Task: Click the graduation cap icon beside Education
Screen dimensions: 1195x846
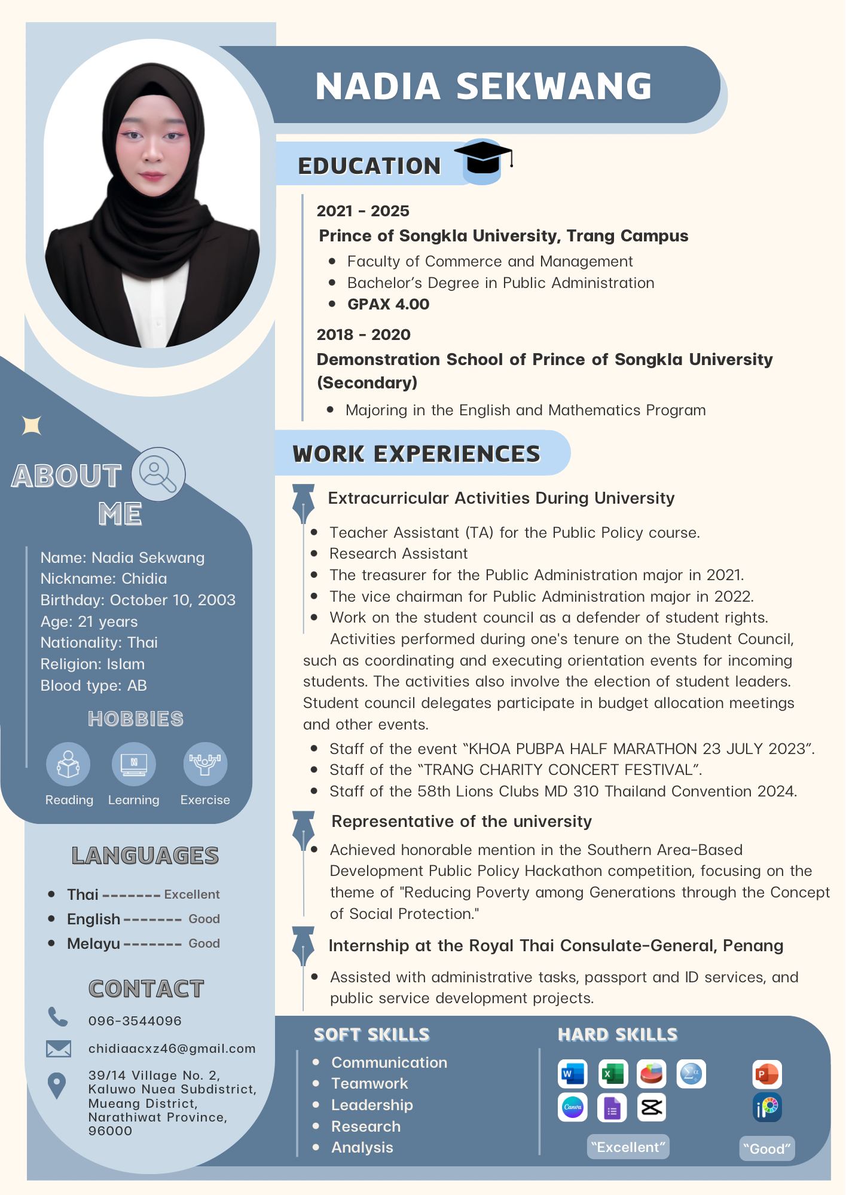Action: point(483,161)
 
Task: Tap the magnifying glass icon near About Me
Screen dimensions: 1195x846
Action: point(158,474)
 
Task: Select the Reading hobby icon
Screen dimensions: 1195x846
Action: point(68,764)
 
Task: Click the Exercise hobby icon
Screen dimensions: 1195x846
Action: point(205,764)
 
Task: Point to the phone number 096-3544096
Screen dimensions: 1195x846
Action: point(135,1021)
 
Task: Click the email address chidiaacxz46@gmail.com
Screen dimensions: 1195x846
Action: point(172,1048)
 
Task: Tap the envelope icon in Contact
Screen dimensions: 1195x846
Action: point(59,1049)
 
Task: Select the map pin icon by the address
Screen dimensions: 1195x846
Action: point(57,1086)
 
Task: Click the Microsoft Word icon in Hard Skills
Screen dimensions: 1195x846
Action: point(572,1074)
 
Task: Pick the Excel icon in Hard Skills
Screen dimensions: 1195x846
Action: point(612,1074)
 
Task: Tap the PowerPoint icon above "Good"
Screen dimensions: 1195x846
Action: point(767,1074)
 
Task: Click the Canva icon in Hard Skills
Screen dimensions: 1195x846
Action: point(572,1107)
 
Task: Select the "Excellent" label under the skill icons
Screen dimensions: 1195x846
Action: point(628,1147)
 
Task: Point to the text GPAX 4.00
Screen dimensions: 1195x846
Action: point(389,304)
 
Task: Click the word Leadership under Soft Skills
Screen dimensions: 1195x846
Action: point(372,1105)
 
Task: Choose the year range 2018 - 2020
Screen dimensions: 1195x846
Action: point(364,335)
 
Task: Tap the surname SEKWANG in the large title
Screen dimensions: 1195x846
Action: point(554,86)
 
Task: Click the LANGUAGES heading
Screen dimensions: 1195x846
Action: point(145,856)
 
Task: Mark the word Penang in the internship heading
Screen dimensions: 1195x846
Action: point(753,945)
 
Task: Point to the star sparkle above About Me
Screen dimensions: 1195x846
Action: point(32,425)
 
